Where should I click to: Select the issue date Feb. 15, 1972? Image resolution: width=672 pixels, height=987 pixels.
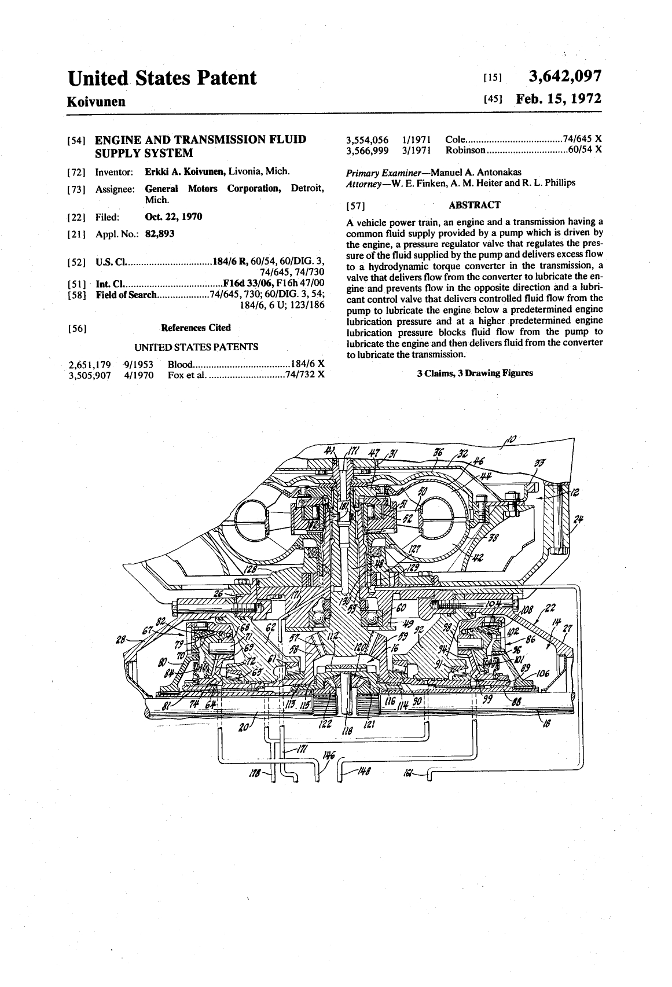click(559, 99)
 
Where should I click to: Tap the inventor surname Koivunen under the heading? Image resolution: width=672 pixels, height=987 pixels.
click(97, 102)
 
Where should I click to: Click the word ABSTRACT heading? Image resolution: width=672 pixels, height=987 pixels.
click(474, 205)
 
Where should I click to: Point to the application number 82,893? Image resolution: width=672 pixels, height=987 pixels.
click(159, 233)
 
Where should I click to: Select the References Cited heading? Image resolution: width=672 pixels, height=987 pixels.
click(196, 328)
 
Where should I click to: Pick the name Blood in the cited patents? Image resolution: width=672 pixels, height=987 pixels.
click(179, 364)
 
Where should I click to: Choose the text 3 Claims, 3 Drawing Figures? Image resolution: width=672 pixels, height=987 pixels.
click(475, 373)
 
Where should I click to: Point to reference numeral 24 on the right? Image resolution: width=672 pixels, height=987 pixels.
click(578, 519)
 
